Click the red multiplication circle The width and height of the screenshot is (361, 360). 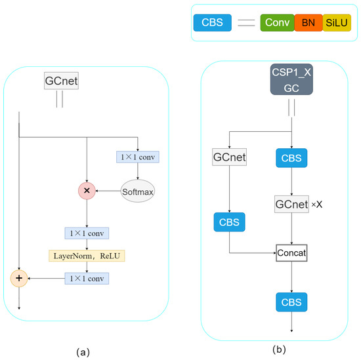87,191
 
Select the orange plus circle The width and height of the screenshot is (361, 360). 19,279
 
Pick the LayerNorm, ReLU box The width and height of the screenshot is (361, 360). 87,255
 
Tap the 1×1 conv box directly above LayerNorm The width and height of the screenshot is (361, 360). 87,233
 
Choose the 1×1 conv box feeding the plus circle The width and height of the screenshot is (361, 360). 87,279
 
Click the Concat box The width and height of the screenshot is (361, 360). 291,252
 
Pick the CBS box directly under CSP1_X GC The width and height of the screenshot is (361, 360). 291,158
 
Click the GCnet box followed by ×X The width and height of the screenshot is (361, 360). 291,204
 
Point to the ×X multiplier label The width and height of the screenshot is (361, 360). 318,204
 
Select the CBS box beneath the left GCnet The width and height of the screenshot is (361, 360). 228,222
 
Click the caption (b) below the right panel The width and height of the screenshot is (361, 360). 279,350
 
